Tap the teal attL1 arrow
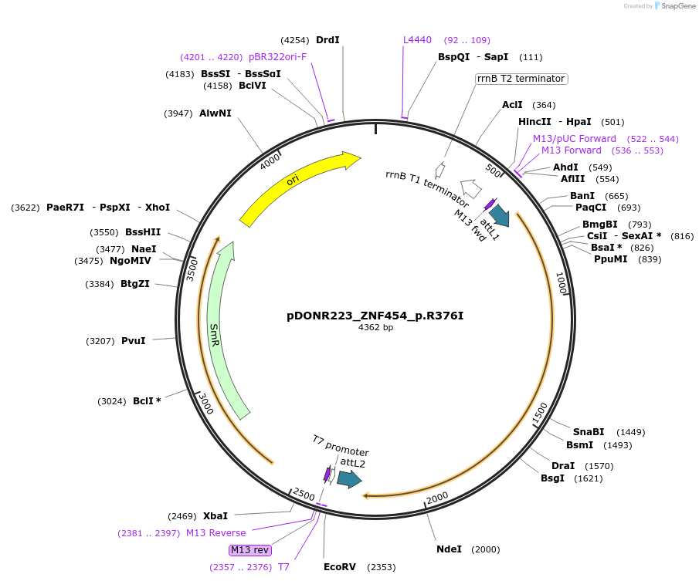[499, 215]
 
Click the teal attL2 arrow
[349, 479]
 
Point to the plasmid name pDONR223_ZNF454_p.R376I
[375, 316]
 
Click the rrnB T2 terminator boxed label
[521, 79]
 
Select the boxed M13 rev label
[250, 550]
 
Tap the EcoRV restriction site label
[340, 567]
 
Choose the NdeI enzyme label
[449, 549]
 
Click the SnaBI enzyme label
[588, 432]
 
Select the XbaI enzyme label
[215, 516]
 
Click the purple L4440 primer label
[417, 40]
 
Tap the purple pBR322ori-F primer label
[277, 57]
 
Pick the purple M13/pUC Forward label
[574, 139]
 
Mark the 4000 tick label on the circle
[271, 162]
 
